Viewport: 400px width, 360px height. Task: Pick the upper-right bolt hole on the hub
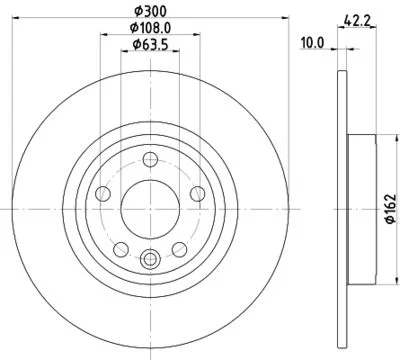tap(194, 193)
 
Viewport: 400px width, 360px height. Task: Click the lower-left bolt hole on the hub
tap(120, 247)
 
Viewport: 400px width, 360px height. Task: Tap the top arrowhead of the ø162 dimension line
tap(374, 134)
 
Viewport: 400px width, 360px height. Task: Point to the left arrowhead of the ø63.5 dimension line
tap(122, 56)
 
